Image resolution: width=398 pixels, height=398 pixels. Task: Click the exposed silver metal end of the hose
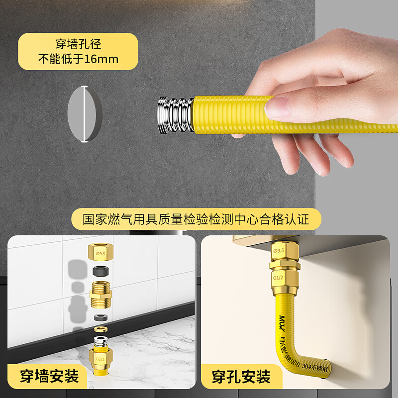click(x=175, y=115)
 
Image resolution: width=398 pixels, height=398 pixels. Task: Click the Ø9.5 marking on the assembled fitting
click(x=280, y=251)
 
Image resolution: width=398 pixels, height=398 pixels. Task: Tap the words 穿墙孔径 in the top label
click(x=78, y=44)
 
